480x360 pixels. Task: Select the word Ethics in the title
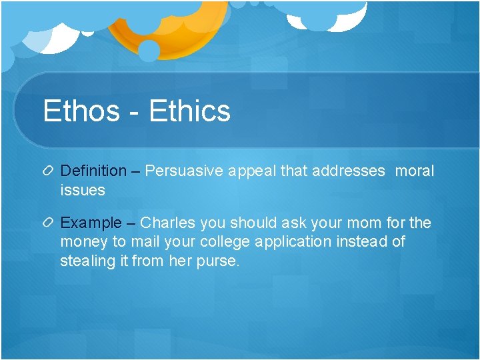pos(190,111)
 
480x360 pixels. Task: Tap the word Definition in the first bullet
pos(93,171)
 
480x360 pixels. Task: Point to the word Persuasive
pos(183,171)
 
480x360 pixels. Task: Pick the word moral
pos(414,171)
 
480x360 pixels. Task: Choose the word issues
pos(83,190)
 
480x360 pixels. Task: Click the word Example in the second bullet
pos(91,223)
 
